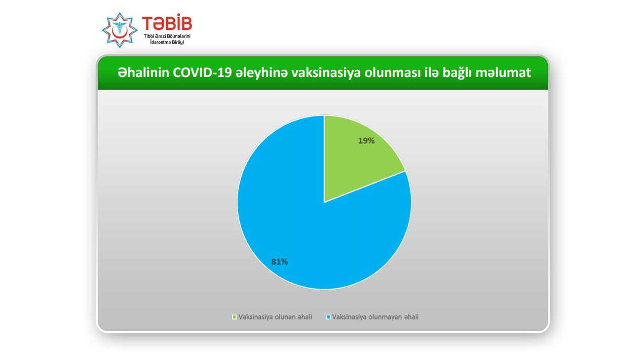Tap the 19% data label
(x=366, y=141)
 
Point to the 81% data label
(x=279, y=262)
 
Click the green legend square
(x=235, y=317)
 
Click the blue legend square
(x=328, y=317)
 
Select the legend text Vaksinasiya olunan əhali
(x=275, y=317)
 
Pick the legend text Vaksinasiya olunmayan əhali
(x=375, y=317)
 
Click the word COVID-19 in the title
(x=202, y=72)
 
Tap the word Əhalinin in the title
(x=143, y=72)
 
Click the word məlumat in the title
(x=503, y=72)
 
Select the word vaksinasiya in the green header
(x=326, y=73)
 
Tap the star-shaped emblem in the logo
(x=120, y=30)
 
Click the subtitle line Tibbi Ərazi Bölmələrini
(x=167, y=36)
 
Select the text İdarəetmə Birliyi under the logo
(x=167, y=43)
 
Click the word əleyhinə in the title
(x=261, y=73)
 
